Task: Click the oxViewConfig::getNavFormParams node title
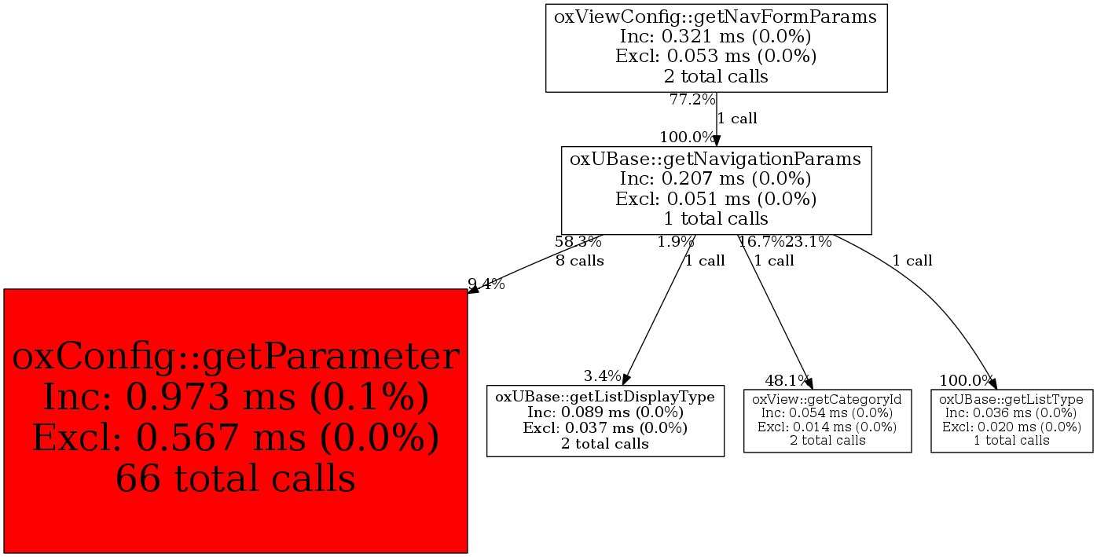tap(716, 16)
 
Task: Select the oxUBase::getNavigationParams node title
tap(716, 159)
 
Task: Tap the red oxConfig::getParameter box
tap(236, 420)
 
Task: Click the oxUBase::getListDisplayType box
tap(604, 420)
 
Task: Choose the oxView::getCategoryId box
tap(827, 420)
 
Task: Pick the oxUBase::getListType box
tap(1011, 420)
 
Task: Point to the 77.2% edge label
tap(692, 100)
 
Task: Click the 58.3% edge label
tap(578, 242)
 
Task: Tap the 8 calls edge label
tap(580, 261)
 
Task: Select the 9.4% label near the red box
tap(486, 284)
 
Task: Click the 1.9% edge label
tap(676, 242)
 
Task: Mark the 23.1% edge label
tap(809, 242)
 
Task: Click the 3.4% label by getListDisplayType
tap(602, 376)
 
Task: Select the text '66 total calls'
tap(236, 478)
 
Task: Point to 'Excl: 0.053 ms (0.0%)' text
tap(716, 57)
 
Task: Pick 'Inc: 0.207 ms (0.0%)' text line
tap(716, 178)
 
